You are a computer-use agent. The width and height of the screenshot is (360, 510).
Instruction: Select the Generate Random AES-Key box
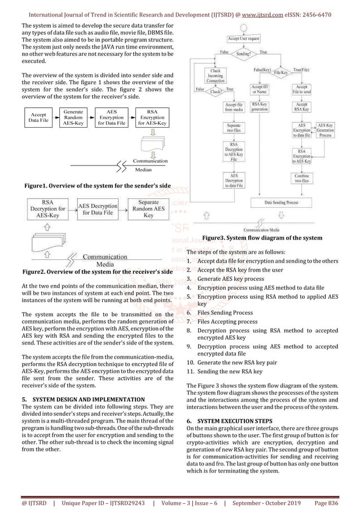(74, 117)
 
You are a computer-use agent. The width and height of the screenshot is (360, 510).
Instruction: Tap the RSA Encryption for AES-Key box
(152, 117)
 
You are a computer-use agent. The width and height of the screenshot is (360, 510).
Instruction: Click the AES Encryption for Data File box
(112, 117)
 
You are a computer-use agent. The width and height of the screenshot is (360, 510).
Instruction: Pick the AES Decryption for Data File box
(99, 210)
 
